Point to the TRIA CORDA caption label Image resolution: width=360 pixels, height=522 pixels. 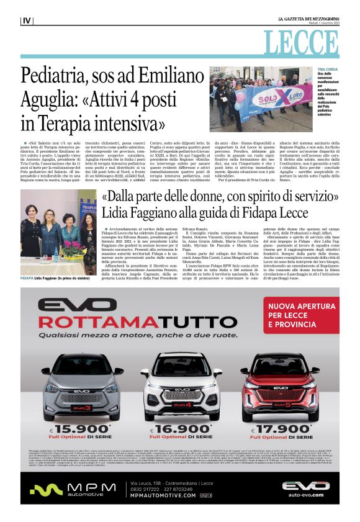326,71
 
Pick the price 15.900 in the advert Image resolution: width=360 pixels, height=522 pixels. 81,429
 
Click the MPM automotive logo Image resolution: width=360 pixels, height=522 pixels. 68,489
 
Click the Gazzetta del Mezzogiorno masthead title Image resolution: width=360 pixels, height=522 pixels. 305,20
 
